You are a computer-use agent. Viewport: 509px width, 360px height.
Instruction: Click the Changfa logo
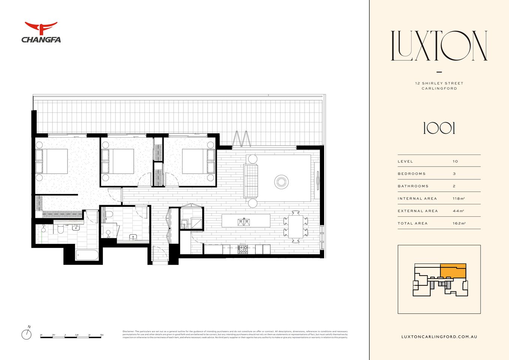point(41,32)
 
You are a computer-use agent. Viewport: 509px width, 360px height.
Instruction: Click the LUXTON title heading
point(439,46)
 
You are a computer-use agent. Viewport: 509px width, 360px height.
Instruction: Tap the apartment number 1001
point(439,129)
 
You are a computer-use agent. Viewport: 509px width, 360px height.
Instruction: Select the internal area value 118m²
point(458,198)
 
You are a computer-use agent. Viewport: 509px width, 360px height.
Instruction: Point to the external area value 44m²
point(458,211)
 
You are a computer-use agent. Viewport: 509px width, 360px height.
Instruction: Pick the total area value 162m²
point(459,223)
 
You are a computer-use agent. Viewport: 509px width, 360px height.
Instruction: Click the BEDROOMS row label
point(411,174)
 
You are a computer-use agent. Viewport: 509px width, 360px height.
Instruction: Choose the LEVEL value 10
point(455,161)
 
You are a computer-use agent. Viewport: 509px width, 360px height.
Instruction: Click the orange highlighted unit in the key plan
point(453,270)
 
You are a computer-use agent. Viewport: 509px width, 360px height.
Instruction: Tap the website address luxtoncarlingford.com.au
point(439,337)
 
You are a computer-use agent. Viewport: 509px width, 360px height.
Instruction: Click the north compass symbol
point(27,334)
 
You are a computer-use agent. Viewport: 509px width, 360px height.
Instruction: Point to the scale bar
point(71,337)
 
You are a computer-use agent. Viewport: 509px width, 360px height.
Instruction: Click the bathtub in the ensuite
point(87,255)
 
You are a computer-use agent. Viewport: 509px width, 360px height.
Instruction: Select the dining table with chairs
point(296,226)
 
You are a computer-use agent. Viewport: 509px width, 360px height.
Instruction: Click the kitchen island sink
point(243,222)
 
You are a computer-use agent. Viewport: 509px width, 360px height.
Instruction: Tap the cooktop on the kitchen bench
point(243,249)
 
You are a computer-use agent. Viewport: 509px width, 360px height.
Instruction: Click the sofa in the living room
point(251,181)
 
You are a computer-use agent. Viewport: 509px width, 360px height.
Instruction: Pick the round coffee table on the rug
point(281,182)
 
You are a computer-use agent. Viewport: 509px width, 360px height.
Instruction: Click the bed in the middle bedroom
point(119,161)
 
